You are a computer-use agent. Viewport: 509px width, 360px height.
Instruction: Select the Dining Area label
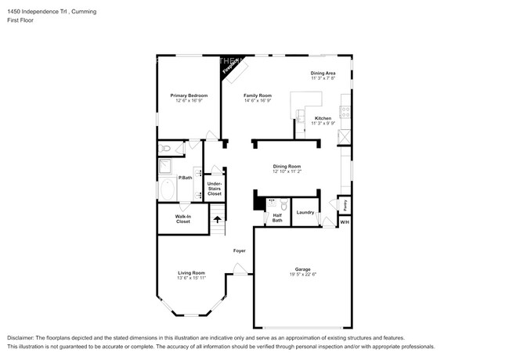coord(323,73)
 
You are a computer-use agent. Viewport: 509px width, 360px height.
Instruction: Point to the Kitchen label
coord(323,118)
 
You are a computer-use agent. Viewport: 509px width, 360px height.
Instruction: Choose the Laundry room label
coord(305,211)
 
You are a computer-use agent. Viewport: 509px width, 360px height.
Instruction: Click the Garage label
coord(302,270)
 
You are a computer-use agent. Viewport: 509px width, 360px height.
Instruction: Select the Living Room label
coord(191,272)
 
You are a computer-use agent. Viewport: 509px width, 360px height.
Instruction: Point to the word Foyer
coord(240,250)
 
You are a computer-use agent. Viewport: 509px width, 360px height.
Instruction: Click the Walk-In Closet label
coord(182,219)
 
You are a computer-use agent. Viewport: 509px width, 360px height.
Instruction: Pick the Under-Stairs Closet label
coord(214,189)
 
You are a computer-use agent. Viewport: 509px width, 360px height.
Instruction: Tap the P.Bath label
coord(185,178)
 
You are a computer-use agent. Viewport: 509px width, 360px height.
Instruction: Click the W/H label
coord(345,222)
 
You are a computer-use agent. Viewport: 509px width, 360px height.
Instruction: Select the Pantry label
coord(345,205)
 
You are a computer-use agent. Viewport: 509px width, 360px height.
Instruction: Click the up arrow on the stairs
coord(217,218)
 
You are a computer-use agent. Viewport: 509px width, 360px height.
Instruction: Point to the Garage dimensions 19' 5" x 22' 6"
coord(302,275)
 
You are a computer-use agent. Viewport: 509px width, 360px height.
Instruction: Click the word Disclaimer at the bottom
coord(21,336)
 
